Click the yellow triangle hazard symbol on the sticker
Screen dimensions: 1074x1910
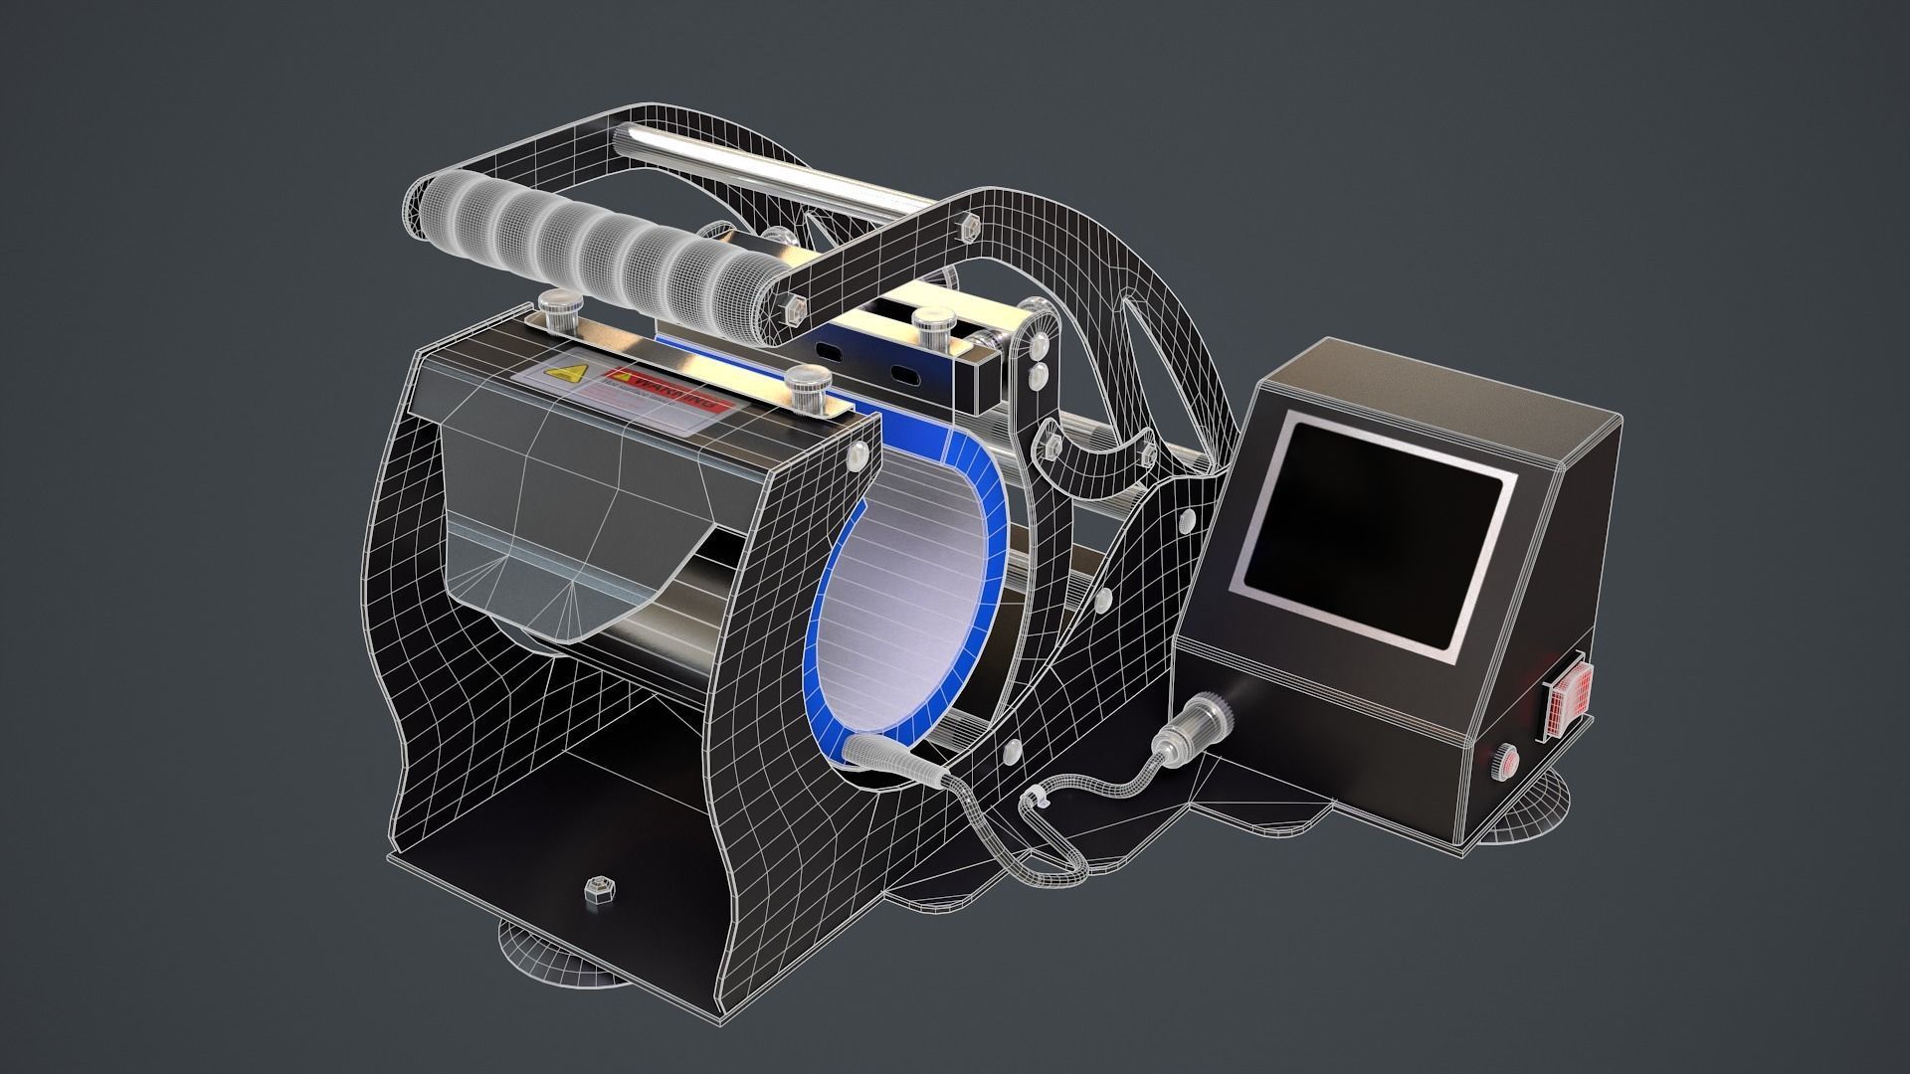568,375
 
